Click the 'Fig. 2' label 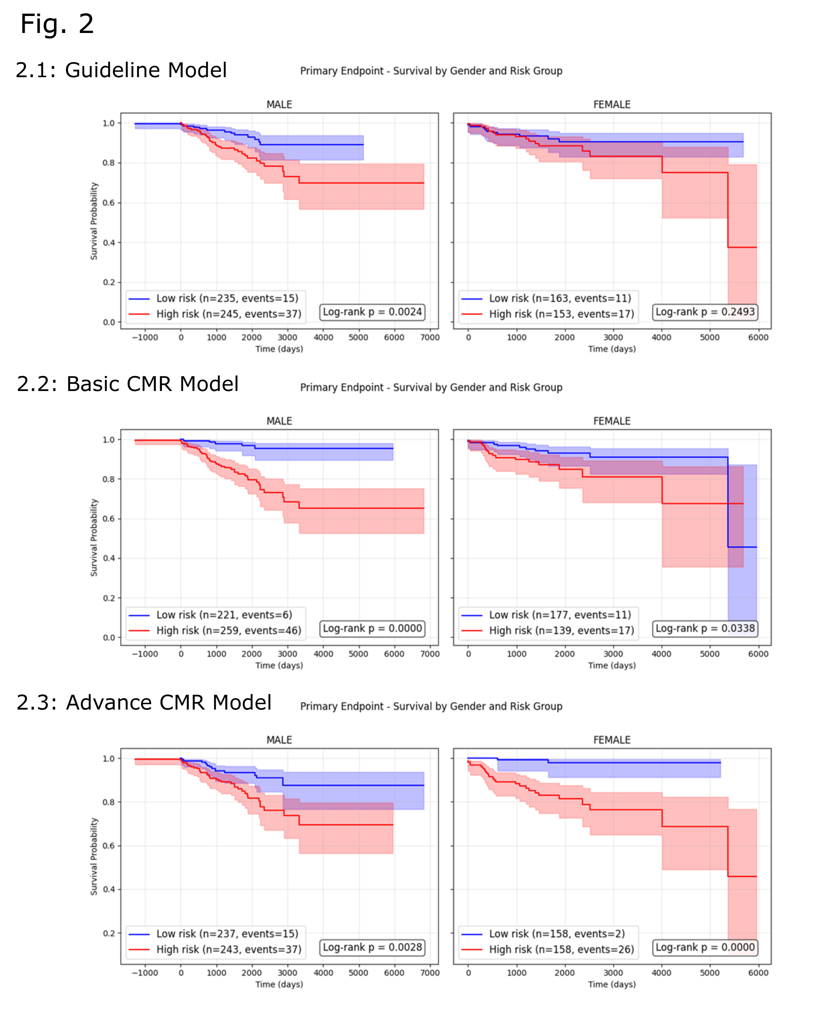point(57,24)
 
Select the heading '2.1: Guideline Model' point(121,70)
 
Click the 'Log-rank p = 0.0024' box point(372,312)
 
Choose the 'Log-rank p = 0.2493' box point(705,312)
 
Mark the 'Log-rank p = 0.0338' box point(705,628)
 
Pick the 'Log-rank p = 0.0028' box point(372,947)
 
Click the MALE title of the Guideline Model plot point(279,105)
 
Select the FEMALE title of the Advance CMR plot point(612,740)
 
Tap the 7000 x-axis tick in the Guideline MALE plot point(430,337)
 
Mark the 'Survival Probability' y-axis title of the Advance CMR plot point(94,856)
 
